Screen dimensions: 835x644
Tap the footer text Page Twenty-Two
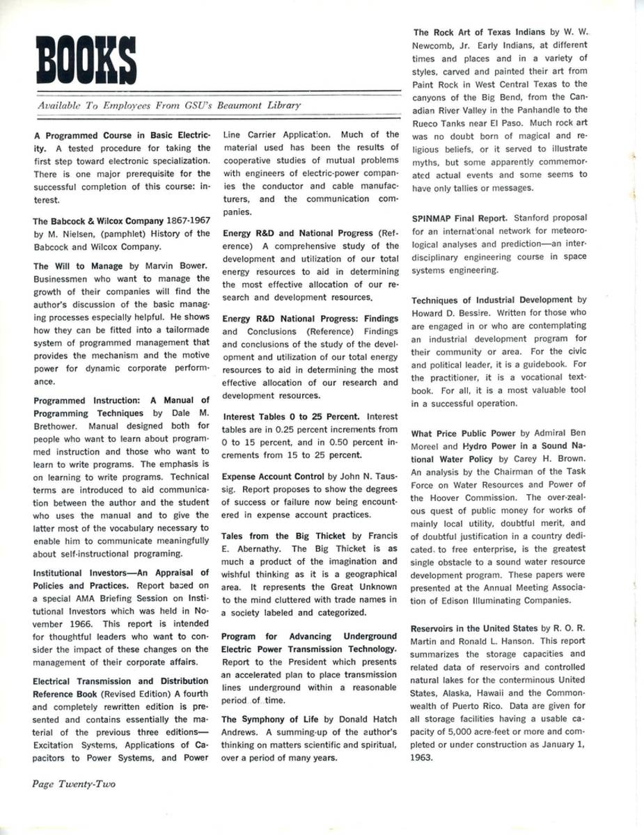[x=74, y=784]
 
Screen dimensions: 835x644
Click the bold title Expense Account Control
[x=274, y=477]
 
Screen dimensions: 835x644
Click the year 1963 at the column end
[x=423, y=758]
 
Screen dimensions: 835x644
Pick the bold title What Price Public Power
[x=463, y=434]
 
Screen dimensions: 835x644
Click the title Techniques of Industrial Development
[x=492, y=300]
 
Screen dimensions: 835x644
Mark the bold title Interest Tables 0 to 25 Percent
[x=291, y=417]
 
